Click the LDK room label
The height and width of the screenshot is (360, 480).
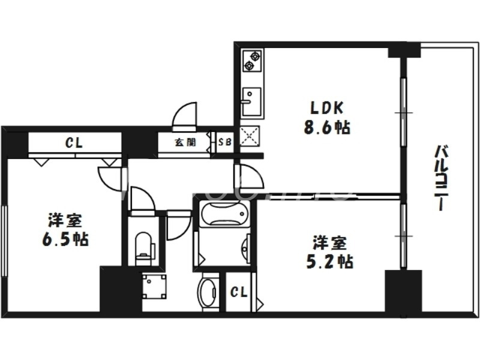326,109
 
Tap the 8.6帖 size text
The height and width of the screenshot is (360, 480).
326,127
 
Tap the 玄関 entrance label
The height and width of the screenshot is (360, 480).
185,143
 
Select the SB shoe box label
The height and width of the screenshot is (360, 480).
224,143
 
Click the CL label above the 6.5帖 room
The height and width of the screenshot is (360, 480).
74,143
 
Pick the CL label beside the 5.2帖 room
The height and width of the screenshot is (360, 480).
239,292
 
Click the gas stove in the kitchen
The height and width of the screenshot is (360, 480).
252,61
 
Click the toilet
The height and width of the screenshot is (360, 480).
144,247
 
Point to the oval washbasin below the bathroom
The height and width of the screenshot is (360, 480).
208,292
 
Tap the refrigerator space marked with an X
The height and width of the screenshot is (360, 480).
248,137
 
